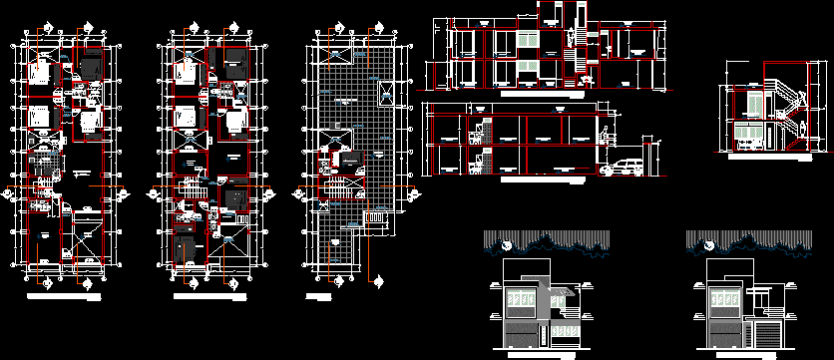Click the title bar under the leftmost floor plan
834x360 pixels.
pos(62,296)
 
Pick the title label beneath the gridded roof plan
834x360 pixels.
pos(319,296)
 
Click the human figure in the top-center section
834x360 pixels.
pos(571,36)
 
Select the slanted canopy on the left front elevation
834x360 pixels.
pos(563,291)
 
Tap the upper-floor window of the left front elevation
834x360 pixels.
pos(519,300)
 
